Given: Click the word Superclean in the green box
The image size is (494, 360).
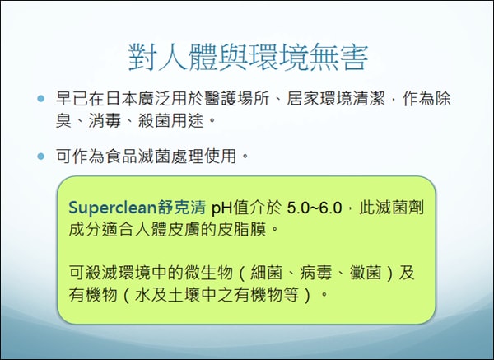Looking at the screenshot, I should click(110, 205).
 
